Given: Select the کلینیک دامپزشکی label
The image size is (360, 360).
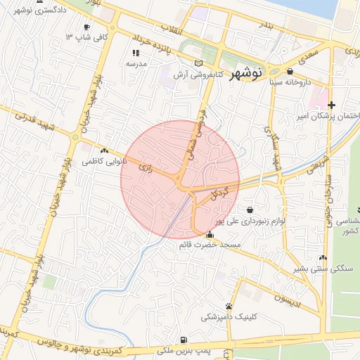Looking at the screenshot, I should [229, 317].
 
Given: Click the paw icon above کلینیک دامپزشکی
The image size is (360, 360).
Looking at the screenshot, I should [229, 306].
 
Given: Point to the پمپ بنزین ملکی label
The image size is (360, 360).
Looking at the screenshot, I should [184, 349].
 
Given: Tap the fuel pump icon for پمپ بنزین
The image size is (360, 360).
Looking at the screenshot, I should [184, 338].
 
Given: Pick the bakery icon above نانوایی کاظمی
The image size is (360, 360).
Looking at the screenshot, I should [105, 150].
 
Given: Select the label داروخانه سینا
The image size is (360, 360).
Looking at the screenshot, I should [290, 82].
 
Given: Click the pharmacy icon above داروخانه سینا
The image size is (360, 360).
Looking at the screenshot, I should [290, 71].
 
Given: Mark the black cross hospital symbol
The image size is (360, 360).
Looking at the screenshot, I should [332, 105].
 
